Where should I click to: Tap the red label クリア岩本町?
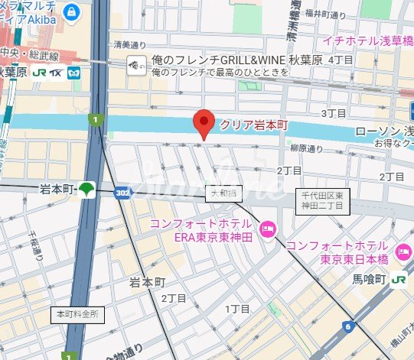[x=253, y=124]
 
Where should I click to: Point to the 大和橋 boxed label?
[x=220, y=194]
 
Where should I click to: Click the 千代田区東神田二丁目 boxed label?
[x=321, y=201]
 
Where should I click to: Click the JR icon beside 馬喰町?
[x=399, y=280]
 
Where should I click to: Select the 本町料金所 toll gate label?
[x=79, y=314]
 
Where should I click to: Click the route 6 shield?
[x=349, y=327]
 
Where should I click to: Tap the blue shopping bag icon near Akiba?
[x=71, y=11]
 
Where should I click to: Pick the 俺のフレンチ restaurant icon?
[x=137, y=66]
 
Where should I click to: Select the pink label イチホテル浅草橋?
[x=367, y=40]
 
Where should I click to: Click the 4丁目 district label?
[x=341, y=59]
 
